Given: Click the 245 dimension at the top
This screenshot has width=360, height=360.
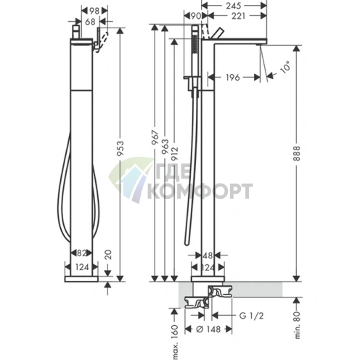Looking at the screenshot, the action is [x=234, y=6].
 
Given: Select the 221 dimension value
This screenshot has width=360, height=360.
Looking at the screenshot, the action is [x=238, y=16].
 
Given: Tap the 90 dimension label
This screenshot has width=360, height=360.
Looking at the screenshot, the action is [x=195, y=16].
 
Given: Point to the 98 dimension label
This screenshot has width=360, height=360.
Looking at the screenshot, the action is [x=94, y=11].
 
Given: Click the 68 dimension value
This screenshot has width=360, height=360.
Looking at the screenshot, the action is [x=90, y=22].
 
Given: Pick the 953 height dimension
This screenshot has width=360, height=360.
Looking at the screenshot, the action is [x=120, y=148].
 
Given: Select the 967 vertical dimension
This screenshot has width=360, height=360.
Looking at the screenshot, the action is [x=155, y=138].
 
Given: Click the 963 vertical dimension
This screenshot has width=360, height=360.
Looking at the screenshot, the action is [x=165, y=147].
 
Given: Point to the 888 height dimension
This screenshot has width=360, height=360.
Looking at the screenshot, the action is [x=297, y=153].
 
